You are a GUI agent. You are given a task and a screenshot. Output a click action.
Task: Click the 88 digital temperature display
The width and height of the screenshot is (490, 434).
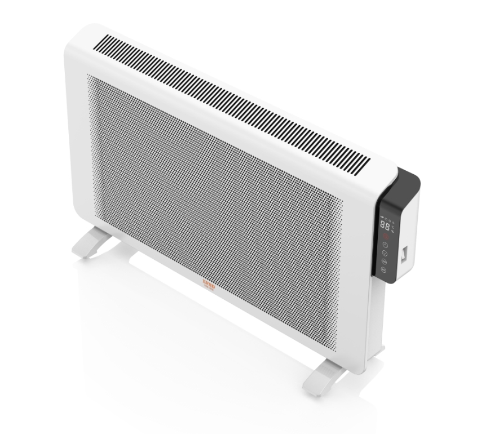click(x=385, y=225)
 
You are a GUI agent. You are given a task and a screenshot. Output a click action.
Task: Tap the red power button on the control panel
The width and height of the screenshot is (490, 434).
click(x=386, y=237)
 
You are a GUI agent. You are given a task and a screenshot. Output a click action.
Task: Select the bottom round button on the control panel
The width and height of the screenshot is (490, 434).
click(x=383, y=269)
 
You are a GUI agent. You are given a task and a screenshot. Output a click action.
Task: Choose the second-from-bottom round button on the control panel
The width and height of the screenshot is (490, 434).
click(x=384, y=262)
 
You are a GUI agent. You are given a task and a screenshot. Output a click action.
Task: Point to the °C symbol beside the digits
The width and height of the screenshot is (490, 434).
click(x=393, y=227)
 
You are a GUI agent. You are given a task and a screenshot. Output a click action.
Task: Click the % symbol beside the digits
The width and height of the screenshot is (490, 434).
click(x=392, y=231)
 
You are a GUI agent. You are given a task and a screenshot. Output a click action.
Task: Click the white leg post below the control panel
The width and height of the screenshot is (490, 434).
click(x=374, y=316)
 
